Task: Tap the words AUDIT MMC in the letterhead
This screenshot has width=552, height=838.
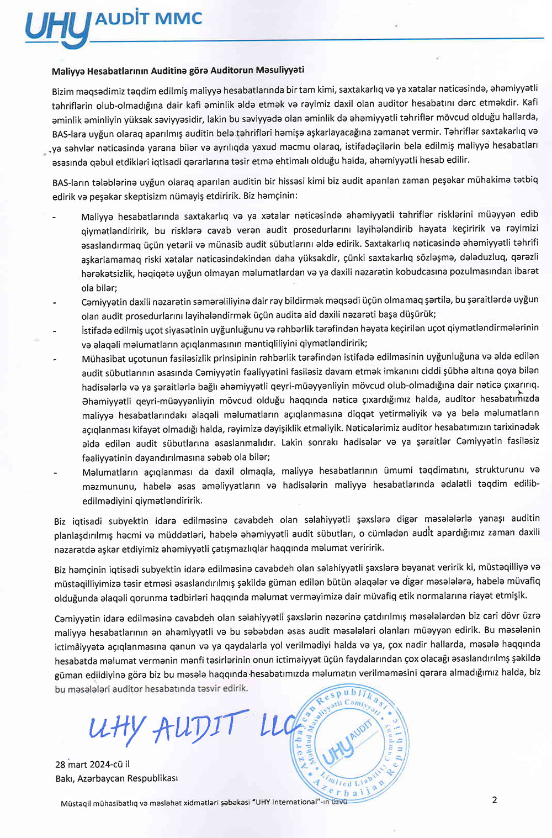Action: [149, 19]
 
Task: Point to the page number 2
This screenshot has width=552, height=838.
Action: [495, 800]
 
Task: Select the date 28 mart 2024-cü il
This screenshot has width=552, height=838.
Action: [93, 765]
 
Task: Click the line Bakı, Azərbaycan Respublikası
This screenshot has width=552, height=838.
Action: [116, 778]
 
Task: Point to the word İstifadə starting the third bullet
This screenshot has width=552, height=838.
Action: [97, 329]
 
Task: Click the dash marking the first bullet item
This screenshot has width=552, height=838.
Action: [54, 217]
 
